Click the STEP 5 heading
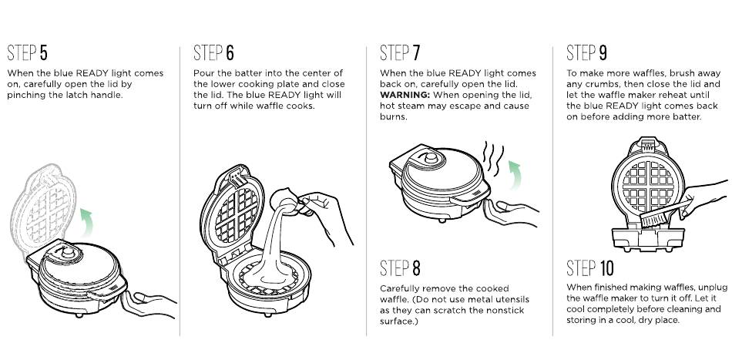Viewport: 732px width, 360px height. (27, 52)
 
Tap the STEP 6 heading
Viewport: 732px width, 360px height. (213, 52)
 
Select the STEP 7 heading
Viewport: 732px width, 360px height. (400, 52)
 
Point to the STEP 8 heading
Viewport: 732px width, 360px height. (400, 268)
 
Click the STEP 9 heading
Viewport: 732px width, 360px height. (587, 52)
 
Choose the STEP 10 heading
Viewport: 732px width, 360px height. (590, 268)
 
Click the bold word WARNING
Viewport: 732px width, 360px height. (405, 95)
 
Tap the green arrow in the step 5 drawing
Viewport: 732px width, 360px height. (86, 222)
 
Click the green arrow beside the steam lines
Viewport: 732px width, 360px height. (515, 174)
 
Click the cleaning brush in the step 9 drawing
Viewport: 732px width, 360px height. (665, 214)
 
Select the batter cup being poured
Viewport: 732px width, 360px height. (285, 200)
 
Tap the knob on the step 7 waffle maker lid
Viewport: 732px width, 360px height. (431, 158)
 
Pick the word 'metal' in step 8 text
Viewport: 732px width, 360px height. (473, 300)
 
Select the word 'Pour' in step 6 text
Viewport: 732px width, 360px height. (203, 73)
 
